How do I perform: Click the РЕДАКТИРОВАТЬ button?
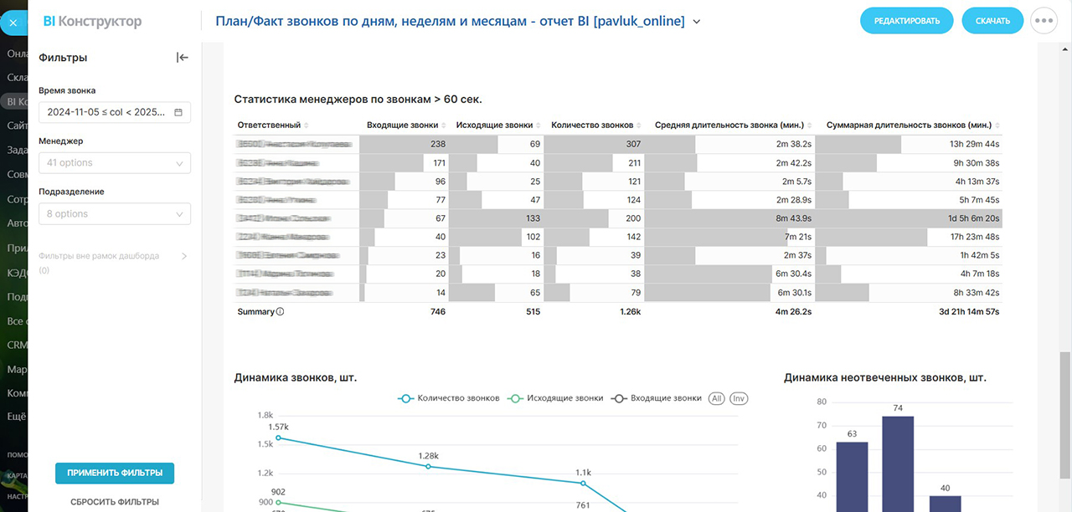click(906, 21)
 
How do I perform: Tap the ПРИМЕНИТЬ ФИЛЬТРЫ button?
click(115, 473)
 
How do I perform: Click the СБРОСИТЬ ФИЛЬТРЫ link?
click(115, 502)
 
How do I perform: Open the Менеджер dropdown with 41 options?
click(115, 163)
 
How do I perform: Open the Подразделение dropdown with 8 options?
click(115, 214)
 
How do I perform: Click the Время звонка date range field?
click(115, 112)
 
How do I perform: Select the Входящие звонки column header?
click(402, 125)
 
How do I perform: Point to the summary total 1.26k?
click(631, 312)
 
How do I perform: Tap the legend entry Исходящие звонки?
click(564, 398)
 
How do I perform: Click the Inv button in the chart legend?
click(739, 398)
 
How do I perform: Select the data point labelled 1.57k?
click(278, 438)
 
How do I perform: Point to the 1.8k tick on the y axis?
click(265, 415)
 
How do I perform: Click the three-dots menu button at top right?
click(1044, 21)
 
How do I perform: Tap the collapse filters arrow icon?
click(183, 58)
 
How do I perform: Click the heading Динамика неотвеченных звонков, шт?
click(884, 378)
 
